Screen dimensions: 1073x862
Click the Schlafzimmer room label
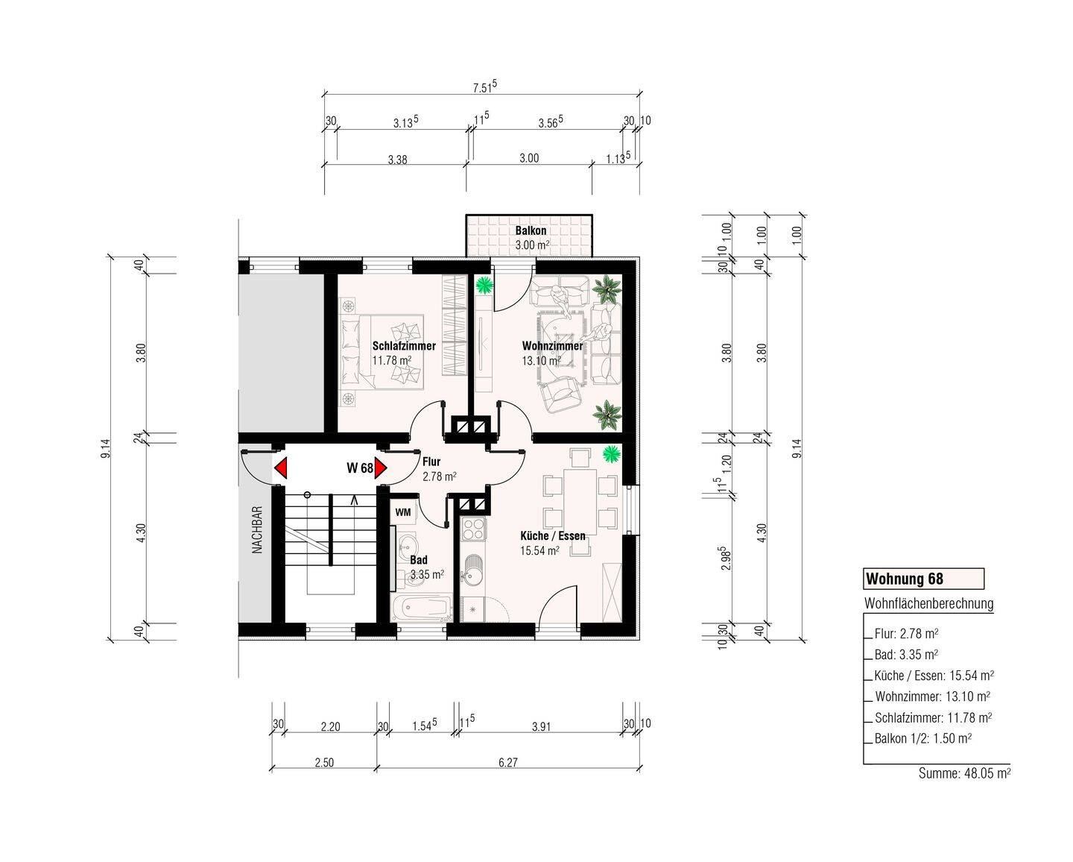404,346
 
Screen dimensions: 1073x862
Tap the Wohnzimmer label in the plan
552,346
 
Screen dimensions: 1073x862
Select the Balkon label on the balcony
531,230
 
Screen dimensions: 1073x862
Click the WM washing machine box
403,512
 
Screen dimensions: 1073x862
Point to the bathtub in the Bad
421,608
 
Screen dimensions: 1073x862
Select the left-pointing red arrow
281,468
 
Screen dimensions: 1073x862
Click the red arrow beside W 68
381,468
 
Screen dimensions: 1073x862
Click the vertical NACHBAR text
257,530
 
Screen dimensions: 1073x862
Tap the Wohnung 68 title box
924,579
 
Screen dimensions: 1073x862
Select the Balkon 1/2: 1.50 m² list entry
923,738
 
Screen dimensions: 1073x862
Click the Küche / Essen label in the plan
552,536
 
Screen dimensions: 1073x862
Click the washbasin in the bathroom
409,542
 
